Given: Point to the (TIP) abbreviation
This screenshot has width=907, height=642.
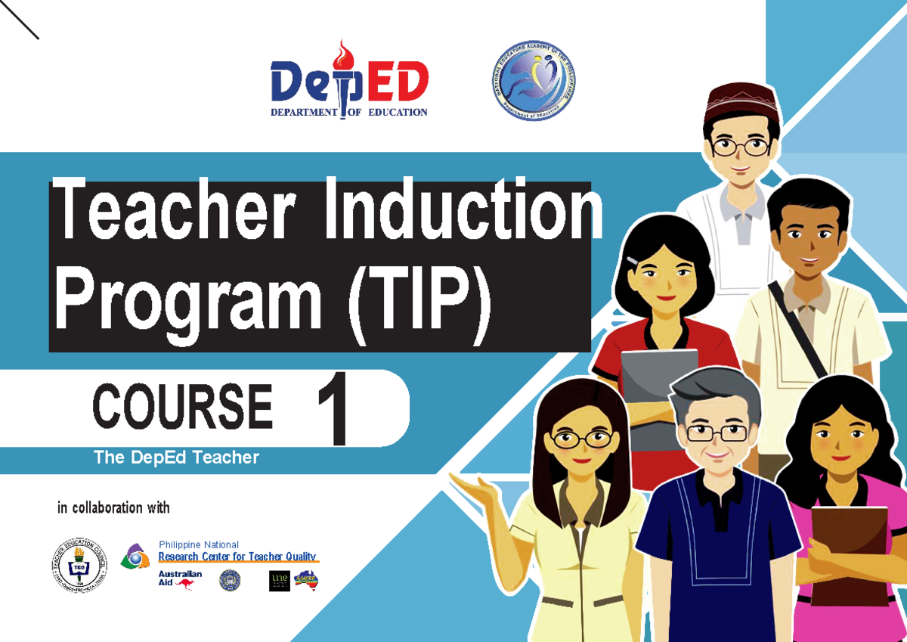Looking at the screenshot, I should (x=419, y=300).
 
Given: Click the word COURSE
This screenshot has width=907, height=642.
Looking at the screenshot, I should (x=182, y=407).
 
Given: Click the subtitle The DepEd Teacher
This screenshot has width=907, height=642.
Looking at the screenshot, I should (x=175, y=457).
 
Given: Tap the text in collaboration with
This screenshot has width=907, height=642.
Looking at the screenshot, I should (x=113, y=508).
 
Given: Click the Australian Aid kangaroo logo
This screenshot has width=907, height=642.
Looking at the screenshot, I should (x=180, y=579).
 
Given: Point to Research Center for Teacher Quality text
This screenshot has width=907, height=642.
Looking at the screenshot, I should (x=237, y=557).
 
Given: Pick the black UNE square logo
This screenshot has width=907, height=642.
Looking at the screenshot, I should (x=279, y=580).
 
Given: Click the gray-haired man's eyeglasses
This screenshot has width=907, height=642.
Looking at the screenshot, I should (x=716, y=433).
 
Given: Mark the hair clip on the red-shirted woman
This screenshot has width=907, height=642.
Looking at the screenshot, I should (x=633, y=261).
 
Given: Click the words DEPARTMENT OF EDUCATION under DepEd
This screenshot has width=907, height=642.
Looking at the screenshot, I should (x=348, y=113).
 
